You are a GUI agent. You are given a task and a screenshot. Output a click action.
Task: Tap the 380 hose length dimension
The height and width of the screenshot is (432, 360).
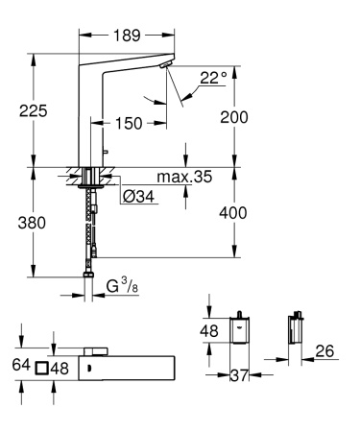point(34,227)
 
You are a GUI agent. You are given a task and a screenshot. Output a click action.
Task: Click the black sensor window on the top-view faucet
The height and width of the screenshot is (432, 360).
point(87,368)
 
